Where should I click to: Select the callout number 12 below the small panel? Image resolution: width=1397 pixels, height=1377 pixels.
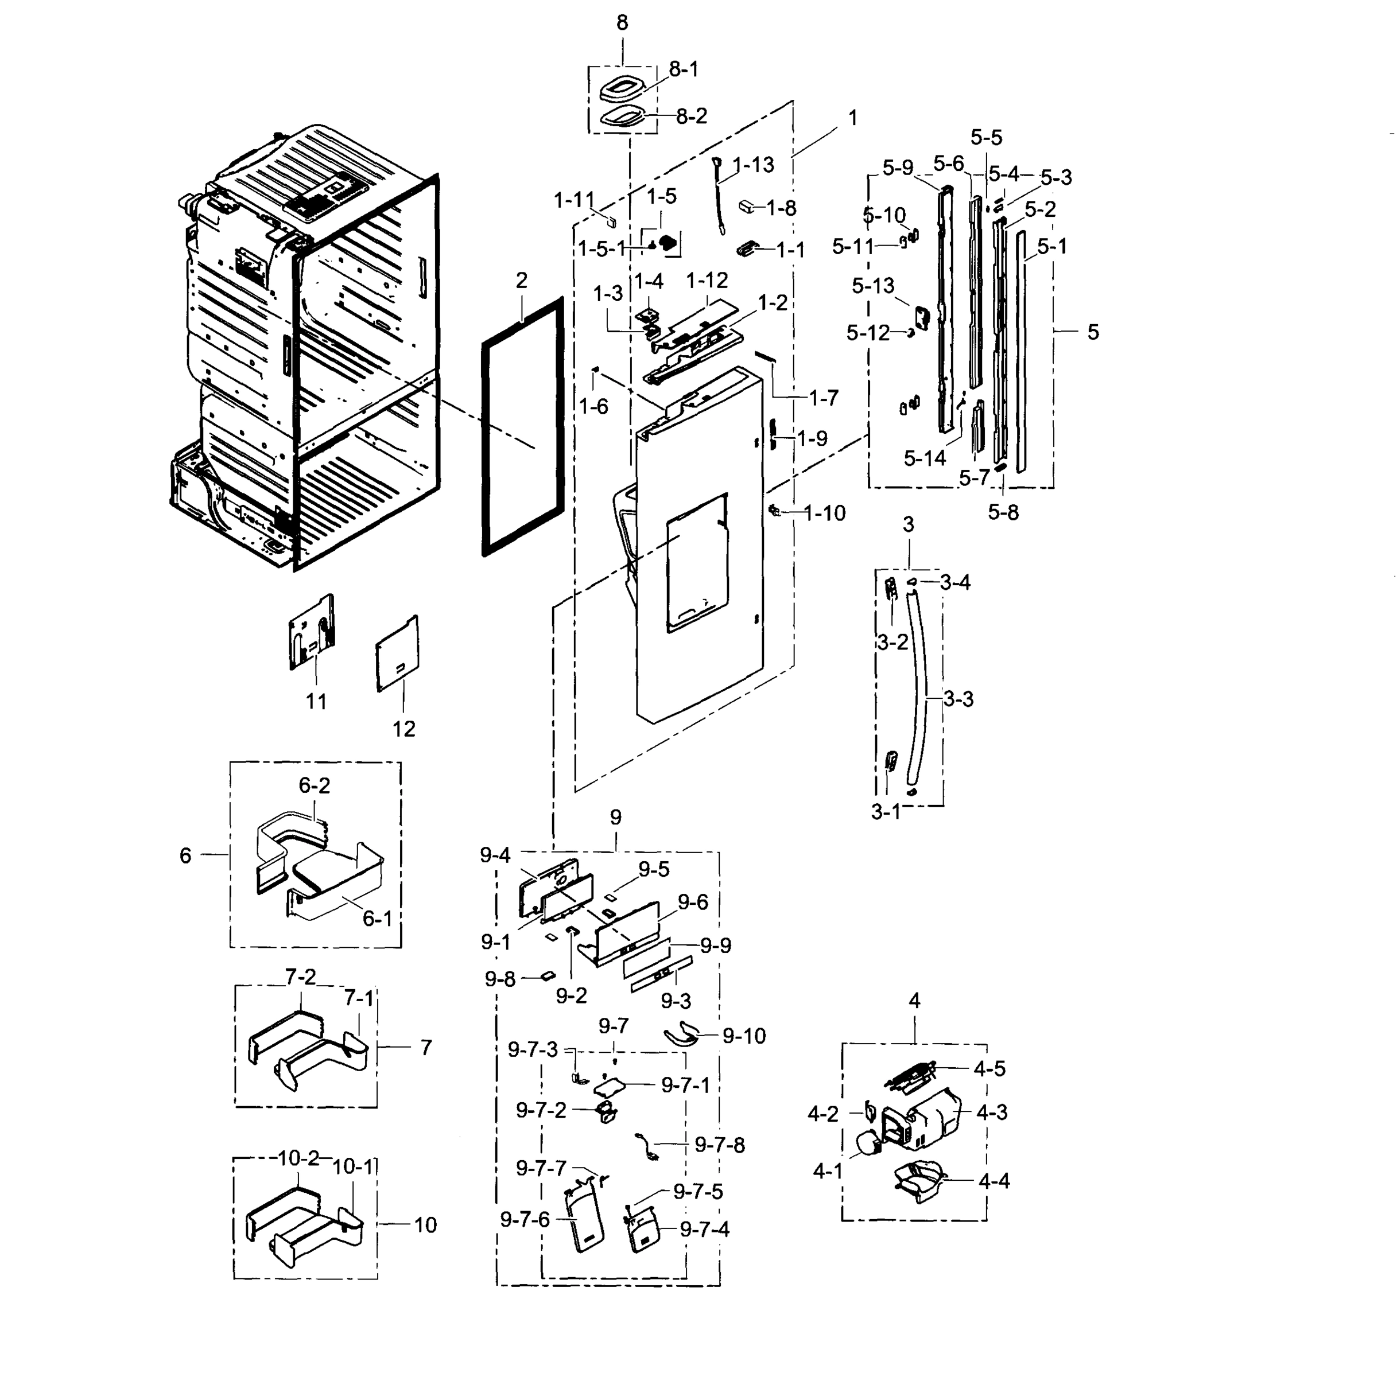(403, 729)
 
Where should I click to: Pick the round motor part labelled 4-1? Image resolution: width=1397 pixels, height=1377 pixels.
(868, 1143)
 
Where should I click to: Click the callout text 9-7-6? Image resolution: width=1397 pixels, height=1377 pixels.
(525, 1219)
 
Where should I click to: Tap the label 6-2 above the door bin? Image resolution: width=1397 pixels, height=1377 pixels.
(315, 785)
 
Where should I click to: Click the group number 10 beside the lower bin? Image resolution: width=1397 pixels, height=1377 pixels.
(425, 1224)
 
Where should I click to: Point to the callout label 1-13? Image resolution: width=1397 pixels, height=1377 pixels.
(752, 165)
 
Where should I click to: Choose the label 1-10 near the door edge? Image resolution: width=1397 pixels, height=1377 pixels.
(824, 513)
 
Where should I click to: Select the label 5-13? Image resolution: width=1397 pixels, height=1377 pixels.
(873, 286)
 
